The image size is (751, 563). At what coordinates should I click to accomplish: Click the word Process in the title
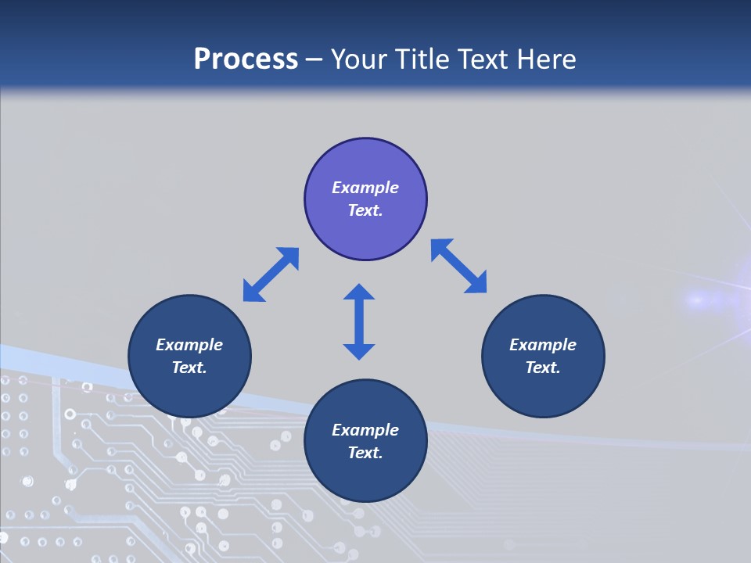click(x=246, y=59)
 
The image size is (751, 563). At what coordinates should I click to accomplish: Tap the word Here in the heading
click(x=544, y=59)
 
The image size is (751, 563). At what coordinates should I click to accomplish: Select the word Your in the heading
click(x=359, y=59)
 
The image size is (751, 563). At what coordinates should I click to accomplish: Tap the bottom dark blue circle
click(x=365, y=477)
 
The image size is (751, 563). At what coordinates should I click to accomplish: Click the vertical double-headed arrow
click(x=359, y=321)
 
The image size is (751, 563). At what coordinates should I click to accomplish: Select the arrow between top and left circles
click(x=271, y=274)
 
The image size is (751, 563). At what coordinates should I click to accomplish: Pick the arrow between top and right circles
click(x=458, y=266)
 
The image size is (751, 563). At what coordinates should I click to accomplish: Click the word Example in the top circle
click(x=365, y=188)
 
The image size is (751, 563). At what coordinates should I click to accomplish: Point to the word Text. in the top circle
click(x=365, y=210)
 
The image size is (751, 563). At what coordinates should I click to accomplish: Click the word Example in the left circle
click(x=189, y=345)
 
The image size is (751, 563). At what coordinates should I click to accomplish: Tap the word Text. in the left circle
click(x=189, y=368)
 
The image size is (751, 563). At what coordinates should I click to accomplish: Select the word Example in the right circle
click(x=543, y=345)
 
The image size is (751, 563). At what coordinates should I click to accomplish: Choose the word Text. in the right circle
click(x=543, y=368)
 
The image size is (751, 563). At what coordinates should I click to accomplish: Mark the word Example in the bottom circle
click(x=365, y=430)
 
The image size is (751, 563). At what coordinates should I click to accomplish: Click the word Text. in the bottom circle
click(x=365, y=453)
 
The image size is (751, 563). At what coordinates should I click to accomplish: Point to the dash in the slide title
click(x=314, y=59)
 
